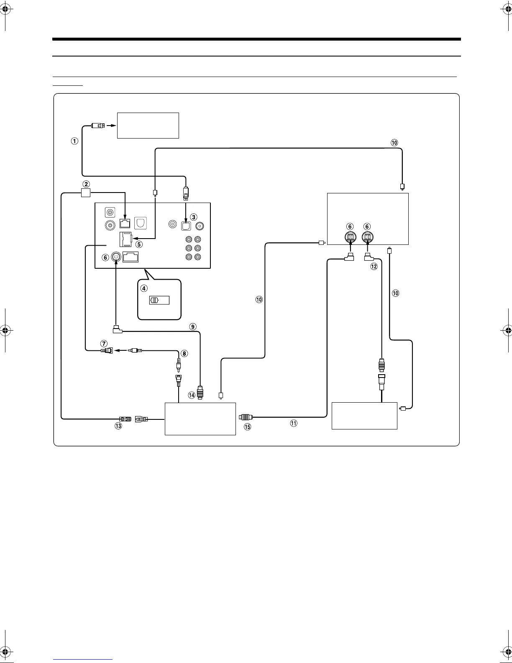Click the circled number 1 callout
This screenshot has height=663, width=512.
click(x=74, y=141)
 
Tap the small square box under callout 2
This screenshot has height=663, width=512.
click(x=86, y=193)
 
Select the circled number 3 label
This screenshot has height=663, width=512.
click(x=193, y=217)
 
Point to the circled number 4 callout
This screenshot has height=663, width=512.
click(x=144, y=288)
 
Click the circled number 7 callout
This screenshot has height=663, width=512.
click(x=104, y=343)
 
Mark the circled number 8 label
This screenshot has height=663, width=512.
click(x=184, y=353)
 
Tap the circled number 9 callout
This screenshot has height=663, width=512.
click(x=193, y=326)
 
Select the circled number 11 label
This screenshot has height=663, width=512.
click(x=294, y=423)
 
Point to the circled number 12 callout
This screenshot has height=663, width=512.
click(x=374, y=266)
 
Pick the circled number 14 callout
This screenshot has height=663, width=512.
click(x=192, y=395)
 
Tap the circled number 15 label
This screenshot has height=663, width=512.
click(x=248, y=427)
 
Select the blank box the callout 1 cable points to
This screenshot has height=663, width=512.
click(x=148, y=125)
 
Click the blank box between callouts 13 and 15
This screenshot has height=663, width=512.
click(x=200, y=419)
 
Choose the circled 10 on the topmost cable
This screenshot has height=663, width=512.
click(x=394, y=143)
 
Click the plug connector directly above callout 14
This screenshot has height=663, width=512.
click(x=200, y=392)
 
